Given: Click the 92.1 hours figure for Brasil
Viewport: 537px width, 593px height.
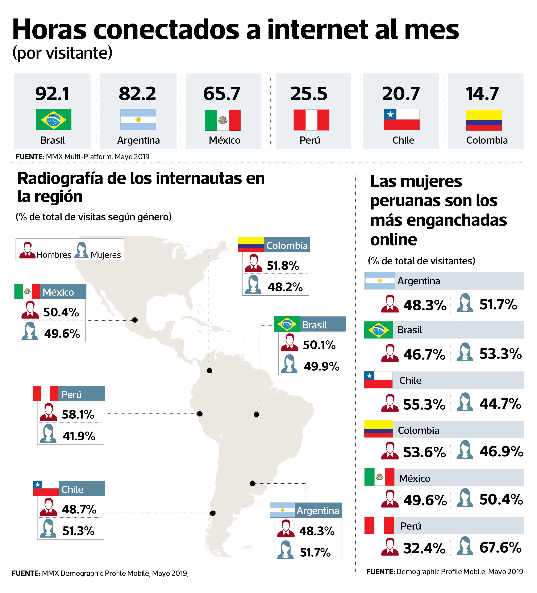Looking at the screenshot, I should (x=52, y=94).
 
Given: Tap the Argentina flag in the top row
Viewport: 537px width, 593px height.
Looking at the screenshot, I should (x=138, y=120).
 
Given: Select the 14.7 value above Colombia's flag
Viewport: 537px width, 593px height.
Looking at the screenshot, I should (x=482, y=94).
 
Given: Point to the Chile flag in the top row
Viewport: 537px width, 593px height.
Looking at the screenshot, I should (x=401, y=120).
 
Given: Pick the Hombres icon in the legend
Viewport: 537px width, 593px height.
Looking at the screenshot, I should (x=27, y=250).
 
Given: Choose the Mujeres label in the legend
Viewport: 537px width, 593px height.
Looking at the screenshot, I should (x=106, y=255).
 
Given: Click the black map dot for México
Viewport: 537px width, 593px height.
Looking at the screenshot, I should (x=135, y=320).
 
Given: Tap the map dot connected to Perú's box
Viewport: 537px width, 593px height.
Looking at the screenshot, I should (x=200, y=414).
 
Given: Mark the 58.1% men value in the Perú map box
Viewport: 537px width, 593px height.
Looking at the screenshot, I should (x=78, y=415).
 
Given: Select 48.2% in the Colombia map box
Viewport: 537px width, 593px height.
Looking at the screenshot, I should (x=285, y=287).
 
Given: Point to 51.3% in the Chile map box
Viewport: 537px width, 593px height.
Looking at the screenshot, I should (x=79, y=531).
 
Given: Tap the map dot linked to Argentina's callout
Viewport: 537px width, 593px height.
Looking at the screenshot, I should (x=252, y=484).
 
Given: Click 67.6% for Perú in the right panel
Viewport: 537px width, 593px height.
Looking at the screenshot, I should (x=500, y=547).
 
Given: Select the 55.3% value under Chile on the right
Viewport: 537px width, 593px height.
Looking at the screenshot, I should (x=424, y=404).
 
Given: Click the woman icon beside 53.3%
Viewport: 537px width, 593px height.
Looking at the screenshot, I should (x=465, y=352).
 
